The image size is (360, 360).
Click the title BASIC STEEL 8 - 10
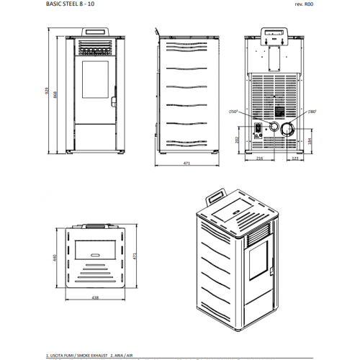[x=66, y=4]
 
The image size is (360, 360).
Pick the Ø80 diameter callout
[x=312, y=111]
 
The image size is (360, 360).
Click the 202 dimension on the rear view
[x=238, y=140]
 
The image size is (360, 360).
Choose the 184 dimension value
[x=311, y=140]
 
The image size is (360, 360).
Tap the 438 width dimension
[x=94, y=297]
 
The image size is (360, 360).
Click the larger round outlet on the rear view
[x=287, y=129]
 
